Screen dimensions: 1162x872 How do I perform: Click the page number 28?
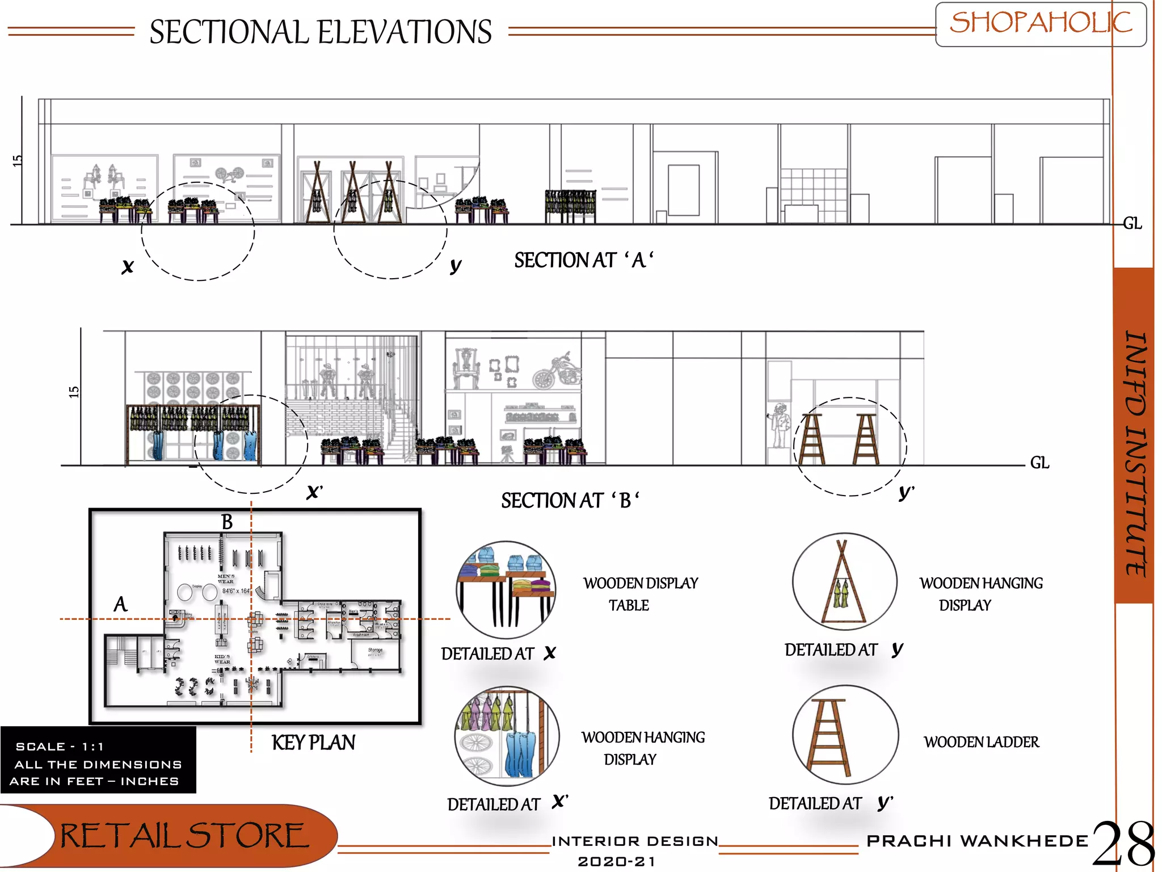(x=1123, y=845)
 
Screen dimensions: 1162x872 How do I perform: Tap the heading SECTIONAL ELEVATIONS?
(x=321, y=32)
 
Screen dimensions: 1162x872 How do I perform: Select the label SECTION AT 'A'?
(x=583, y=261)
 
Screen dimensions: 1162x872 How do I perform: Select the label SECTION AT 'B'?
(x=570, y=501)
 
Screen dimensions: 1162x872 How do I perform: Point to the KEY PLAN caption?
(x=313, y=743)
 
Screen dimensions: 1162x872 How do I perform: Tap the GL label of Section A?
(x=1132, y=224)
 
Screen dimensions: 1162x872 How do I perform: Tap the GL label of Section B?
(x=1039, y=463)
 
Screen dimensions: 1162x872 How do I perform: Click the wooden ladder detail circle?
(x=845, y=735)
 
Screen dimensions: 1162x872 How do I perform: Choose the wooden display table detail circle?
(x=506, y=589)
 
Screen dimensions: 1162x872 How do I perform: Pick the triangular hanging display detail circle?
(x=844, y=581)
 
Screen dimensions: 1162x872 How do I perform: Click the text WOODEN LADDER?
(x=981, y=742)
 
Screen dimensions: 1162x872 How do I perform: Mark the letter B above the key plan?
(x=227, y=522)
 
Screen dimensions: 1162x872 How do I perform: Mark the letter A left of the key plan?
(x=120, y=605)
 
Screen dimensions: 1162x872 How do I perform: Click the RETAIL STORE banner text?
(x=184, y=836)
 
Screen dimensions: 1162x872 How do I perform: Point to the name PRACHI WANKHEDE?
(x=977, y=841)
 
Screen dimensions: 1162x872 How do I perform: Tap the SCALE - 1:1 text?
(x=60, y=747)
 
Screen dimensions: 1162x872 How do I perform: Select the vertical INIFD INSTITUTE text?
(x=1135, y=454)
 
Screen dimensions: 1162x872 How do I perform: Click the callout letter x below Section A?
(x=128, y=266)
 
